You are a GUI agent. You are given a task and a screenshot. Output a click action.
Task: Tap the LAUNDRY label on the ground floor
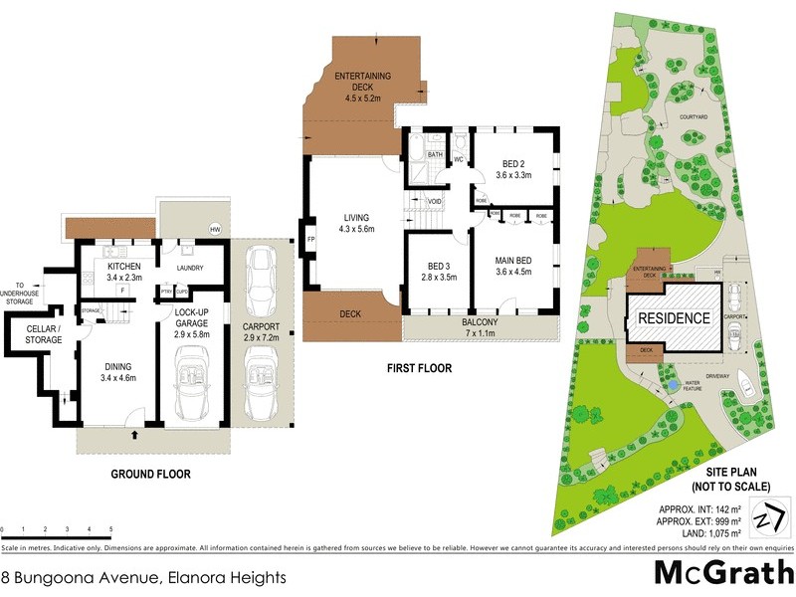pos(189,268)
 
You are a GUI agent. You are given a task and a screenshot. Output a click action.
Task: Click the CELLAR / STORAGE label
pos(43,334)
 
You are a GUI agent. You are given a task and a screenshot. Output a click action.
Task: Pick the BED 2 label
pos(514,169)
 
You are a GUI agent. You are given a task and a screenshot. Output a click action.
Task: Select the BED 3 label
pos(439,271)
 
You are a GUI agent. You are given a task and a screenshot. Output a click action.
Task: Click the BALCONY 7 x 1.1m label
pos(481,328)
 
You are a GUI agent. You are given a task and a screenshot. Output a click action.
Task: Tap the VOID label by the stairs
pos(434,201)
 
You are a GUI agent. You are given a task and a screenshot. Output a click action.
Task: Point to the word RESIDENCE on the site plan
pos(674,318)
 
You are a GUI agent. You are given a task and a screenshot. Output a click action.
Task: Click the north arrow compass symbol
pos(763,518)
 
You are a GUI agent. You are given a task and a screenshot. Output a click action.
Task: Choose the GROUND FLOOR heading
pos(151,475)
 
